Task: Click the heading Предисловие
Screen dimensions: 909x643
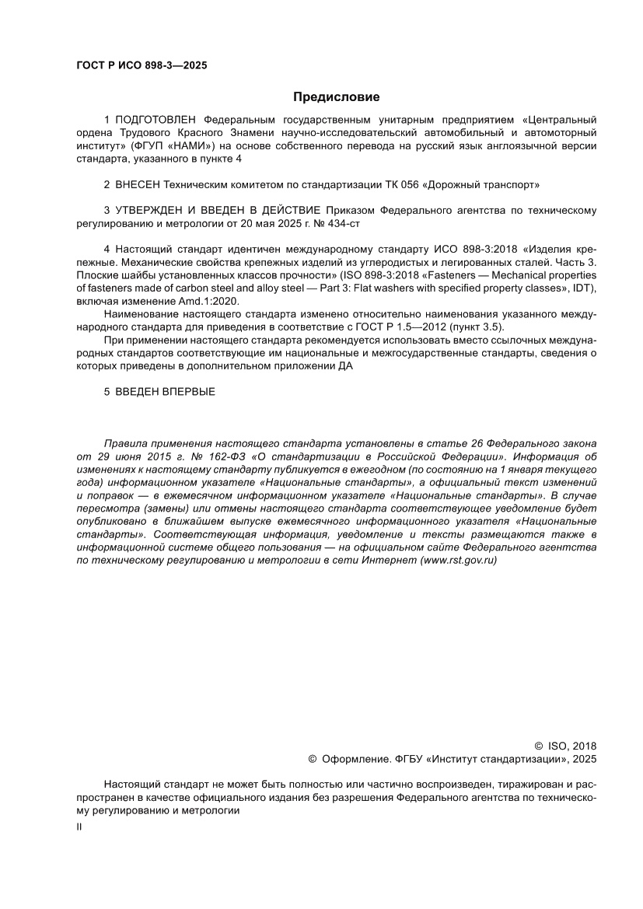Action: (336, 97)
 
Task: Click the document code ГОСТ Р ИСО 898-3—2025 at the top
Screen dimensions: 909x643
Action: (142, 65)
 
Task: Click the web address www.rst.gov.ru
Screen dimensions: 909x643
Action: (458, 559)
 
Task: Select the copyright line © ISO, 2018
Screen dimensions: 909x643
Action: (565, 745)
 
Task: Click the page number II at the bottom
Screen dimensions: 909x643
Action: (79, 828)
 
